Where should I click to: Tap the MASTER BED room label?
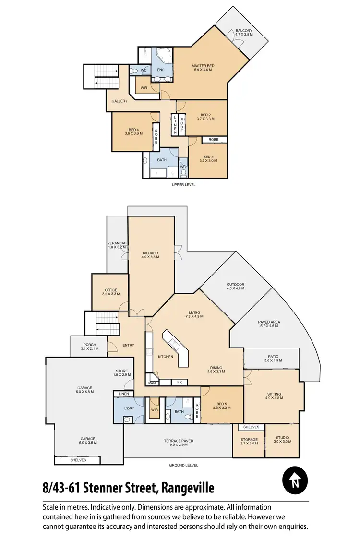(x=203, y=66)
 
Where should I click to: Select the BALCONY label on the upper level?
(x=244, y=31)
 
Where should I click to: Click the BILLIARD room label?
(x=150, y=253)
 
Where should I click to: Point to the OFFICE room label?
(x=111, y=290)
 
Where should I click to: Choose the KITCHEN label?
(x=166, y=357)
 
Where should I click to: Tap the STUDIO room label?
(x=282, y=438)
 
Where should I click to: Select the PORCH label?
(x=90, y=345)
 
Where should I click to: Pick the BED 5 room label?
(x=221, y=404)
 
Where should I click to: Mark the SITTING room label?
(x=274, y=395)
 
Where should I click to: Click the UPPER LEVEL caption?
(x=184, y=185)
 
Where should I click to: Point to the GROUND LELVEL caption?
(x=183, y=465)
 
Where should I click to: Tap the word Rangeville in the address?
(x=188, y=489)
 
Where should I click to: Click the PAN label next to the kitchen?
(x=152, y=383)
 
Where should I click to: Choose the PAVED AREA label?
(x=269, y=322)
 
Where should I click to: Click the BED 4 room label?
(x=134, y=130)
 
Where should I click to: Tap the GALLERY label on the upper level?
(x=120, y=101)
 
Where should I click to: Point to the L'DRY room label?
(x=129, y=408)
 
